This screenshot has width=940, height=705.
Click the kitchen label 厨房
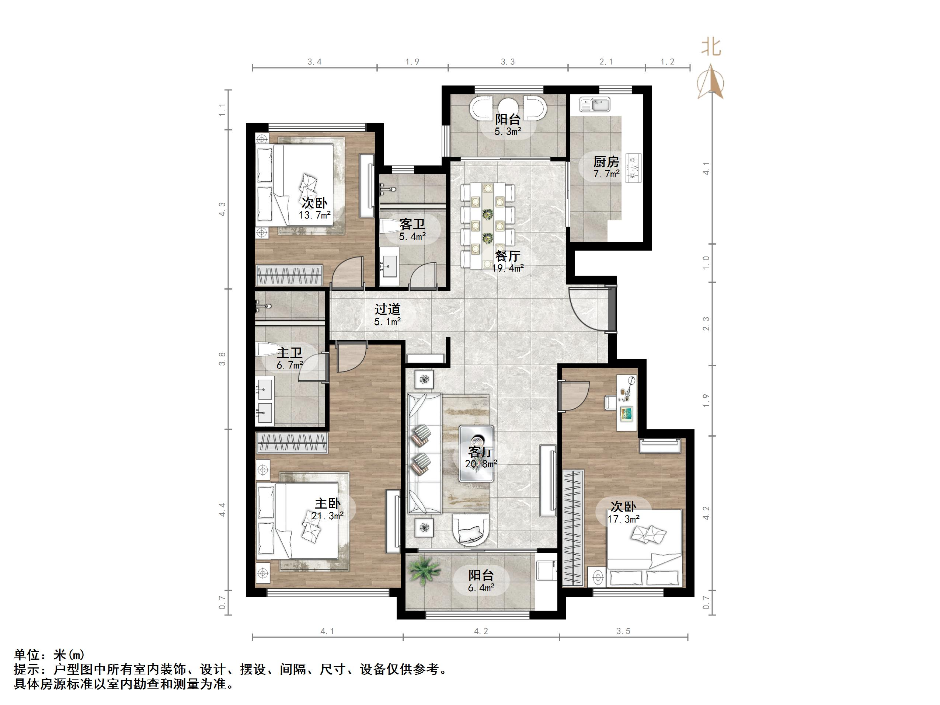[606, 162]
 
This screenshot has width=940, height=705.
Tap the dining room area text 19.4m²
[508, 268]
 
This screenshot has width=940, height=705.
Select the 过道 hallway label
[387, 309]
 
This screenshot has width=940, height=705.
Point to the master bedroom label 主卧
[327, 503]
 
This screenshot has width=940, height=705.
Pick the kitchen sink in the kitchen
[595, 104]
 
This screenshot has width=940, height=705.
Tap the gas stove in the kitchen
[633, 168]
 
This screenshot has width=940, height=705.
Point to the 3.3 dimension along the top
[508, 62]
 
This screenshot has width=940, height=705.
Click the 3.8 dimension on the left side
[222, 359]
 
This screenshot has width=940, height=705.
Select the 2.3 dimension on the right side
[706, 324]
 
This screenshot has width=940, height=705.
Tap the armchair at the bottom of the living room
[470, 530]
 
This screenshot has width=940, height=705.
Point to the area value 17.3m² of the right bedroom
[623, 519]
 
